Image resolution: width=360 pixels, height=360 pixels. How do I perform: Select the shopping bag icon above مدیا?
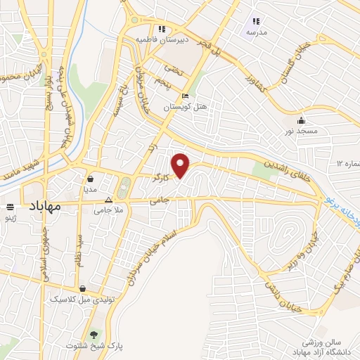[x=91, y=179]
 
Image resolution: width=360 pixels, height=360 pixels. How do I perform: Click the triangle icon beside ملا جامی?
[x=107, y=200]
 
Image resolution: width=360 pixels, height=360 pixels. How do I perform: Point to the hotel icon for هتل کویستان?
[x=185, y=96]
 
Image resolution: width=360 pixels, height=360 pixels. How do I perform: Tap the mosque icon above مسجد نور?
[x=302, y=120]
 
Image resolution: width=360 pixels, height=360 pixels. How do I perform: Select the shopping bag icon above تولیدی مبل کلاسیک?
[x=83, y=288]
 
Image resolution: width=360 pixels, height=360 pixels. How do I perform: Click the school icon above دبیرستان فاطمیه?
[x=162, y=29]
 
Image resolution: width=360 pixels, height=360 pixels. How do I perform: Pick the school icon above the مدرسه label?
[x=255, y=22]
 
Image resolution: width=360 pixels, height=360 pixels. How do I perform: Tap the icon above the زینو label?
[x=10, y=207]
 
